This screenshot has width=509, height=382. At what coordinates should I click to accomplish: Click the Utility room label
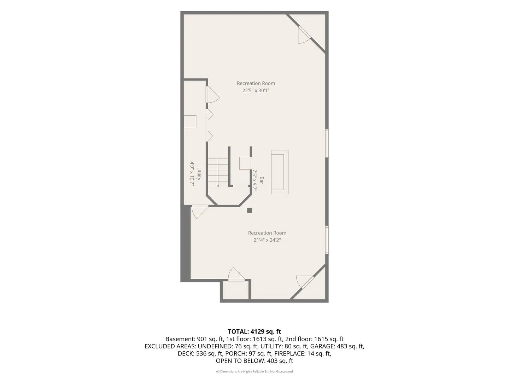click(x=199, y=174)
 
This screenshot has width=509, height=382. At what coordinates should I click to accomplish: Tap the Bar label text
click(x=261, y=180)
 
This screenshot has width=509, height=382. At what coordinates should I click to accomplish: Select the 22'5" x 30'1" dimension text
click(x=256, y=91)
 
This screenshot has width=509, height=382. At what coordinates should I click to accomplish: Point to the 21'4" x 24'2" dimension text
click(x=267, y=240)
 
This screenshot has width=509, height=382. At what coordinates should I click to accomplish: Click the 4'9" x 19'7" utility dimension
click(x=192, y=174)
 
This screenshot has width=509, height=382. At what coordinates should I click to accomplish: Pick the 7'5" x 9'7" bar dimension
click(x=255, y=180)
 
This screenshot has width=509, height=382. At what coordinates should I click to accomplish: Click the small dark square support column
click(x=250, y=210)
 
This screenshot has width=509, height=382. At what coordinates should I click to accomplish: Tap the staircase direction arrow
click(x=218, y=173)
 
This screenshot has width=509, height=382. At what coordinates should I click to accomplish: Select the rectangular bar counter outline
click(x=280, y=172)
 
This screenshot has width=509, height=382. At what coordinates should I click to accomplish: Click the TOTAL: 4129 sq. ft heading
click(x=255, y=331)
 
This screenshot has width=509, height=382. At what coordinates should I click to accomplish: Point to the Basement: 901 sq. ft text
click(x=194, y=339)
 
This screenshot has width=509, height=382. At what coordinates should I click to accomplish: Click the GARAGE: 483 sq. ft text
click(x=337, y=346)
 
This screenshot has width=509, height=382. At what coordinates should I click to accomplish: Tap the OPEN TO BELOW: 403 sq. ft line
click(x=255, y=361)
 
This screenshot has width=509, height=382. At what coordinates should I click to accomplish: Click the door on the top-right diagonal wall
click(x=304, y=35)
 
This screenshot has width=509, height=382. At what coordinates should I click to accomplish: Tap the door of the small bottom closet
click(x=236, y=274)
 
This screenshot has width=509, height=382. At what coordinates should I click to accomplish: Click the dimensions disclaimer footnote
click(x=255, y=371)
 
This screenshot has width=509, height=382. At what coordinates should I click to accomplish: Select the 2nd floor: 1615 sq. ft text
click(x=314, y=339)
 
